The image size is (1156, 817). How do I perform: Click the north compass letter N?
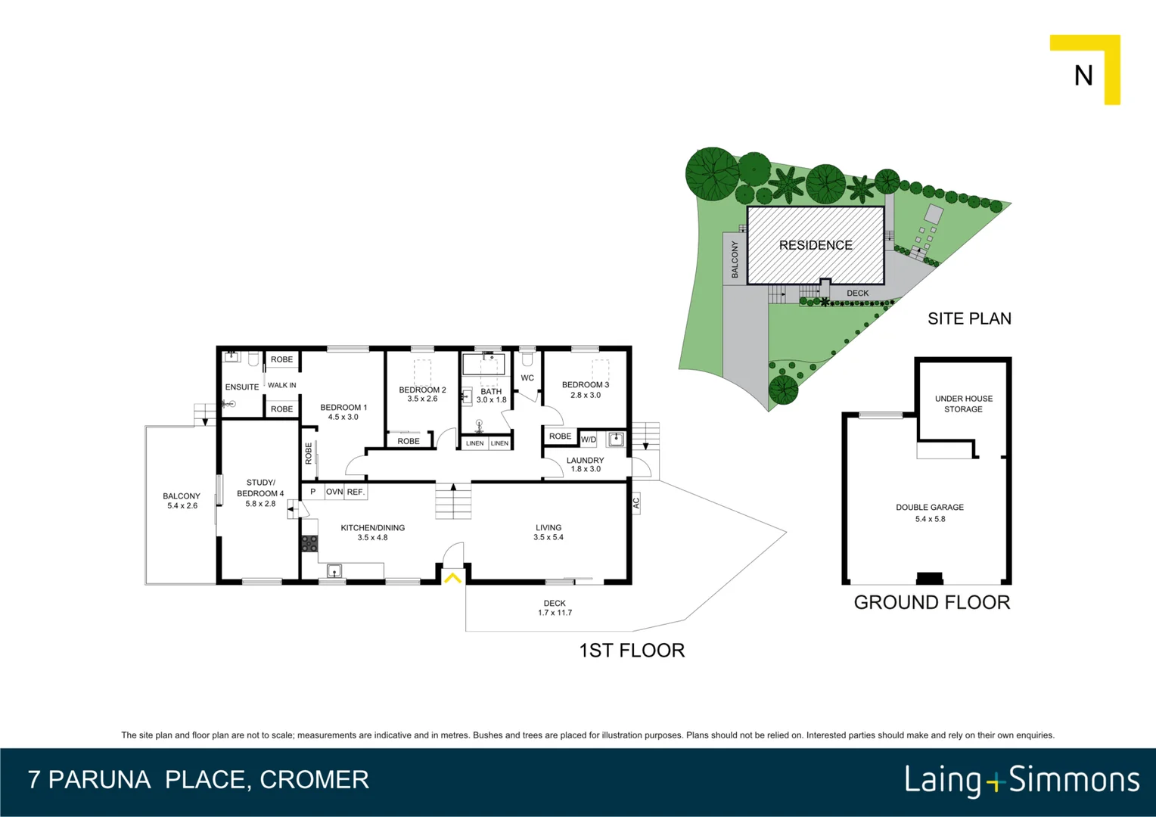1083,76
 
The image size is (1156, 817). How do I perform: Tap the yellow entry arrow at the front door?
452,579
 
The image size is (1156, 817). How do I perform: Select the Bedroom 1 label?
343,407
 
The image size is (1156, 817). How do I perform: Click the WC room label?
527,378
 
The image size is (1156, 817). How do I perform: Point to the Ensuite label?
242,387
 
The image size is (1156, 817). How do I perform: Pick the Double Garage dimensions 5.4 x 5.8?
930,519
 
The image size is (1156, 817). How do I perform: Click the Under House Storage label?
963,404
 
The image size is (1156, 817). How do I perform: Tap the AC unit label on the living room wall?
635,503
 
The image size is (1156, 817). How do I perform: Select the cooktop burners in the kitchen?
309,543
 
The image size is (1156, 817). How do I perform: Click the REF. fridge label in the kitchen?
356,492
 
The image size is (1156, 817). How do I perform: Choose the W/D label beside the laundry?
589,440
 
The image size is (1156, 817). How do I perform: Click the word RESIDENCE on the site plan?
816,245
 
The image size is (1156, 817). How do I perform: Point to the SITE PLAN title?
969,318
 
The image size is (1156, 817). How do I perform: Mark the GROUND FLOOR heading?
931,602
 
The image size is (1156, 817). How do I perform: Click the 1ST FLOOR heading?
632,651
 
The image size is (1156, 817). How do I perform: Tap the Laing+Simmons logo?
1021,780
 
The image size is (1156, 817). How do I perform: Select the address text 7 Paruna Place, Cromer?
198,780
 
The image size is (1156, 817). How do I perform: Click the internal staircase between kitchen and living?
453,502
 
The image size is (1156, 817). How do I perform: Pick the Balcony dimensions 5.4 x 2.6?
182,506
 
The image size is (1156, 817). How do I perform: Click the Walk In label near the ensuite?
281,385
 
